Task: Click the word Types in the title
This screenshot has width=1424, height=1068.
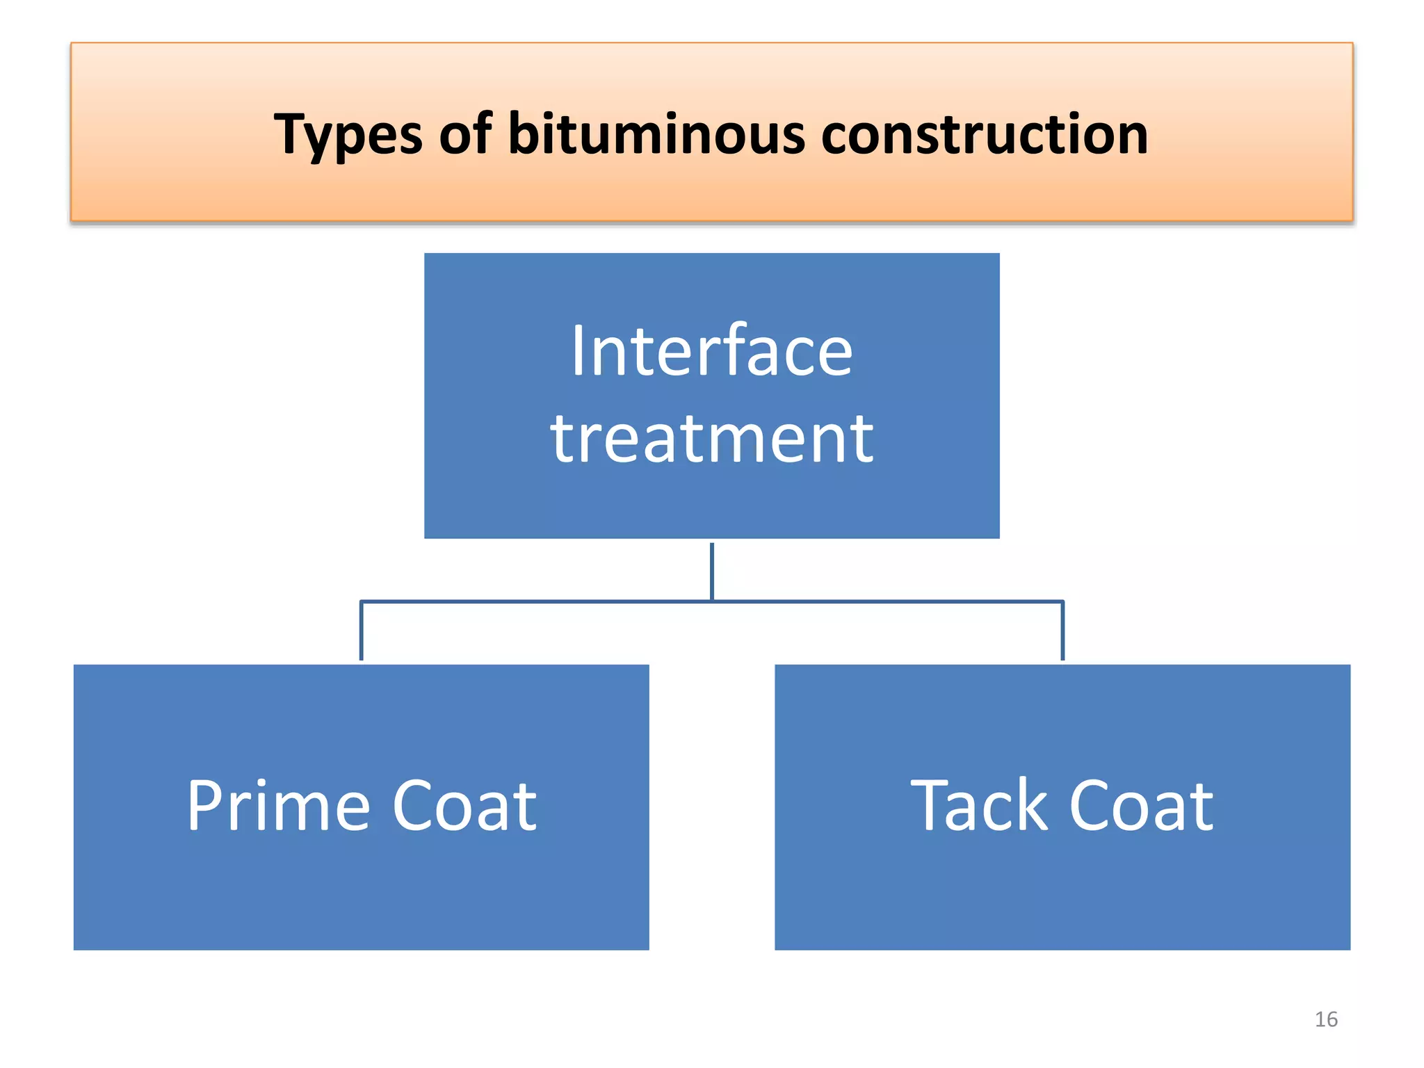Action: (347, 135)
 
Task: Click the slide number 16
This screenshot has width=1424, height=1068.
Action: (1326, 1019)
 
